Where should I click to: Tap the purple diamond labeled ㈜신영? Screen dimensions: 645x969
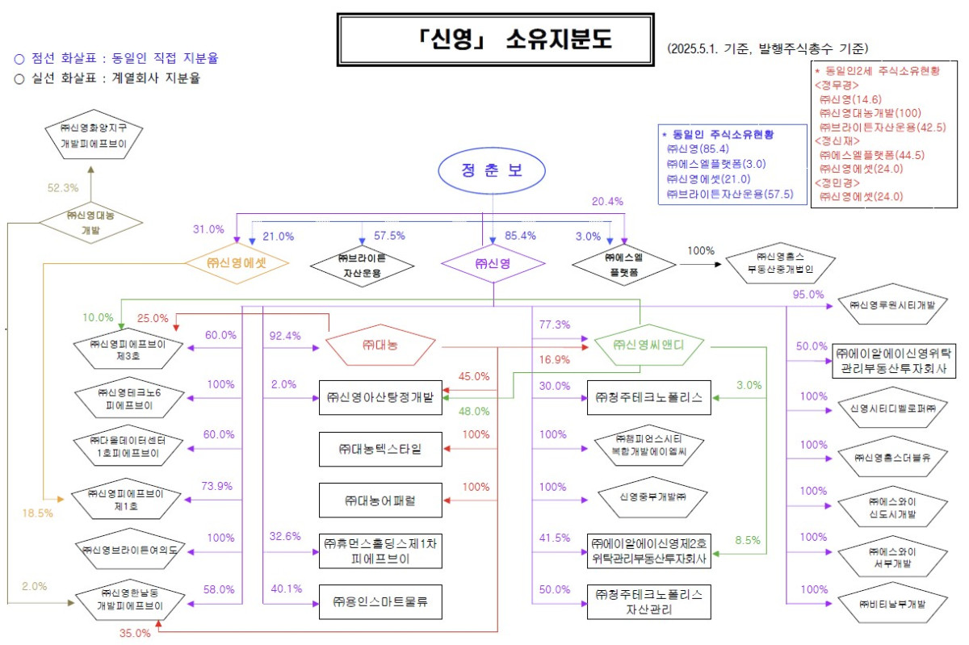click(493, 264)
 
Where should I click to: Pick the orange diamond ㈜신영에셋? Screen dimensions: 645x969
click(237, 262)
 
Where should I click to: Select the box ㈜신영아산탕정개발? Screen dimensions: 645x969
click(380, 397)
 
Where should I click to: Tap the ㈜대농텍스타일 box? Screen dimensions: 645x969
click(380, 448)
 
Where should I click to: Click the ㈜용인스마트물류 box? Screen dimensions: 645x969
click(380, 601)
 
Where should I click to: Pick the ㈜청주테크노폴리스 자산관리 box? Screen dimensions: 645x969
click(649, 601)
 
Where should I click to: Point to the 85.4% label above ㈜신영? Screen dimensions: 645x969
click(522, 236)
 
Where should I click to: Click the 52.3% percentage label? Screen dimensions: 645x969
click(63, 188)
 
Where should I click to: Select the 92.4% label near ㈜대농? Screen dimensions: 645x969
click(285, 335)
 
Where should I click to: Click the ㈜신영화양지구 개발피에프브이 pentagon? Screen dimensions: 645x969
click(91, 136)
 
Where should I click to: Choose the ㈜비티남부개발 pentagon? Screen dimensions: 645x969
click(892, 603)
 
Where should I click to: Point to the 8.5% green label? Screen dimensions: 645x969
click(748, 541)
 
